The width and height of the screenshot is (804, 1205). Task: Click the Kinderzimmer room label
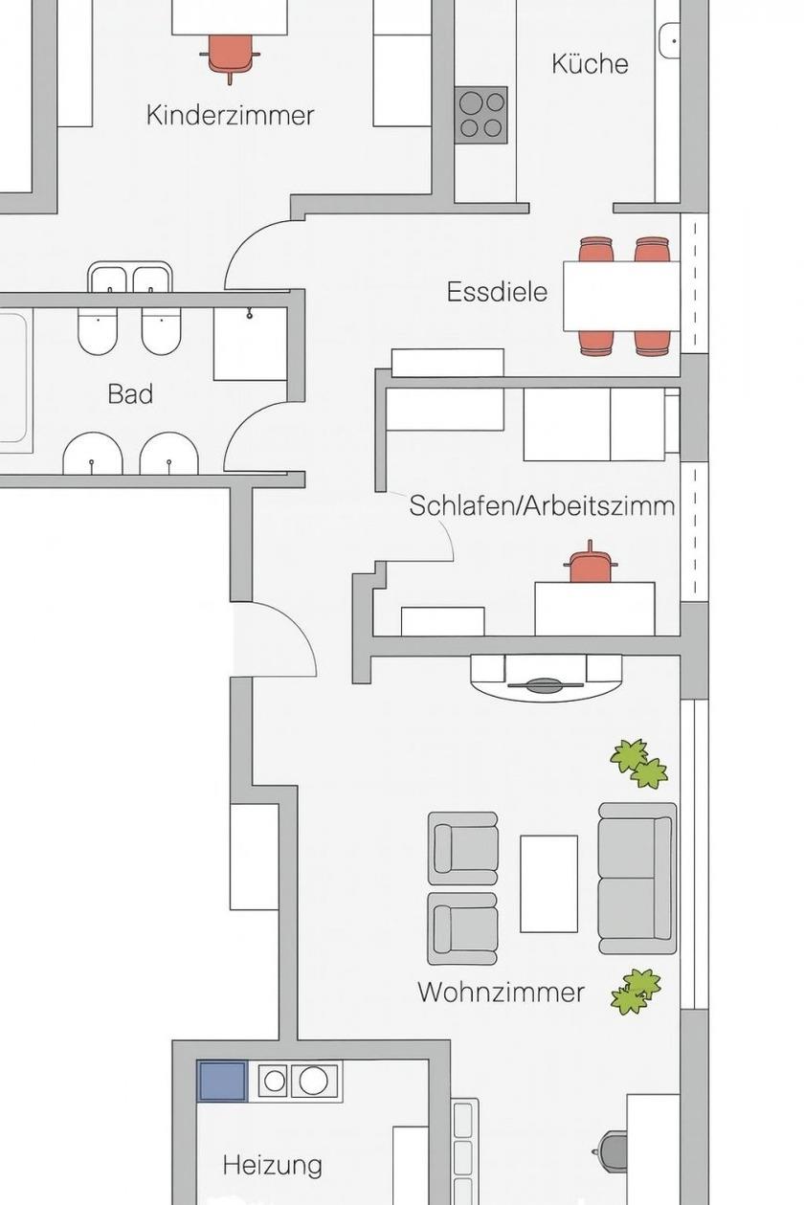tap(230, 115)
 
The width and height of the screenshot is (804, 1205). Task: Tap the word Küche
tap(590, 63)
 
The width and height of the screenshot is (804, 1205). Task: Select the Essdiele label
tap(497, 292)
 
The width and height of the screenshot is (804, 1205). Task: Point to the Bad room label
tap(130, 393)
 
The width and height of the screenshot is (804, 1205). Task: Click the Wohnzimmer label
tap(502, 992)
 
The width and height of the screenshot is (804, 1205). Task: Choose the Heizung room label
tap(273, 1165)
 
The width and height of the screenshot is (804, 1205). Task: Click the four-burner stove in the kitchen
tap(480, 115)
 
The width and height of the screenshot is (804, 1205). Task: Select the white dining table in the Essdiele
tap(622, 296)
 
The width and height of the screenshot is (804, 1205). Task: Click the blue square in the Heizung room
tap(222, 1081)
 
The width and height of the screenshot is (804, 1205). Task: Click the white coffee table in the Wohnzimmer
tap(548, 883)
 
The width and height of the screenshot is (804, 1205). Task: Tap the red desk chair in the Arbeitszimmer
tap(591, 564)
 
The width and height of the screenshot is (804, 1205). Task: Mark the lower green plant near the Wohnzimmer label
tap(636, 992)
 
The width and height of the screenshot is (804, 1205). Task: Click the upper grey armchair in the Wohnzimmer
tap(462, 848)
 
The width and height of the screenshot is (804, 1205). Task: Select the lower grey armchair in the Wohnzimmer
tap(462, 929)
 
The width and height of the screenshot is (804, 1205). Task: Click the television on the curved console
tap(546, 684)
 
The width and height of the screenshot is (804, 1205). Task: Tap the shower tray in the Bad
tap(250, 345)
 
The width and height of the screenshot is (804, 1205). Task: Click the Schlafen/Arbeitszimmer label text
tap(542, 505)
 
